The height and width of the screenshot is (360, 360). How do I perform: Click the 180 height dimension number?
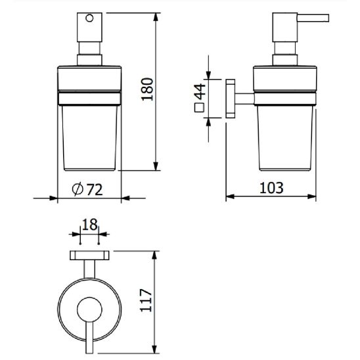(147, 89)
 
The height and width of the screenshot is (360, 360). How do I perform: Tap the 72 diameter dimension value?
(95, 190)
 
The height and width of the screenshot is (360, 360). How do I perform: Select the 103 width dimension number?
(271, 188)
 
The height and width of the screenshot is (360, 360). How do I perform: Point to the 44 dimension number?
(200, 91)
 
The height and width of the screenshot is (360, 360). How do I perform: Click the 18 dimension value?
(89, 225)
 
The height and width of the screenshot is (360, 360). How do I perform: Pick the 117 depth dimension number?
(146, 300)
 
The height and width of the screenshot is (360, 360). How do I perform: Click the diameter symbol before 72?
(78, 189)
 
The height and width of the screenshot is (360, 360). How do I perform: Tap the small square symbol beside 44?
(199, 108)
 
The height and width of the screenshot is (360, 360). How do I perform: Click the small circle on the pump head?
(89, 18)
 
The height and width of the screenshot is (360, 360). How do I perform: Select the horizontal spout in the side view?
(313, 18)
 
